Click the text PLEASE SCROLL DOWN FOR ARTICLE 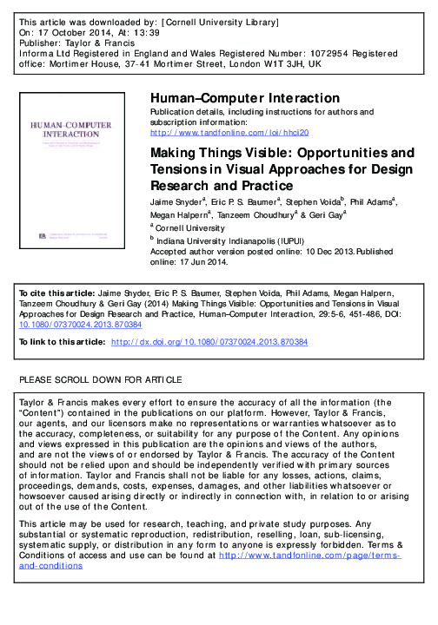tap(100, 380)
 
